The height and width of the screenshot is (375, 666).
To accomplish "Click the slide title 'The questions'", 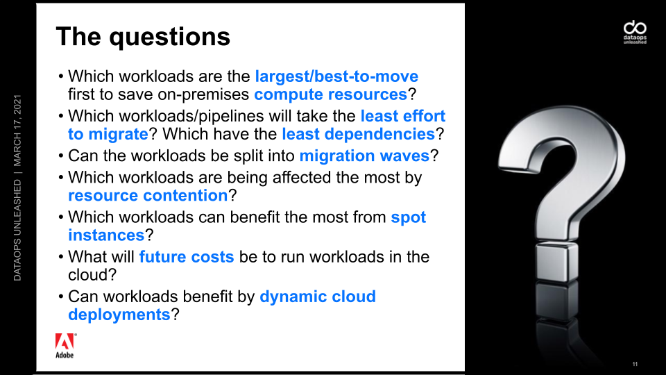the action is tap(143, 37).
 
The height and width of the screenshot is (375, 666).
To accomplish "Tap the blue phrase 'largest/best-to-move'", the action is tap(336, 76).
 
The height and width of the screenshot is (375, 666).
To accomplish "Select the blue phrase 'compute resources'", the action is tap(330, 95).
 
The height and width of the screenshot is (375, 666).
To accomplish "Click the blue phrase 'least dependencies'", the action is tap(359, 134).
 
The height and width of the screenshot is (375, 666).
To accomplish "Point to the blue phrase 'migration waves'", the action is tap(364, 156).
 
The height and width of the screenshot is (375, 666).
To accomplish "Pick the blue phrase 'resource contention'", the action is tap(148, 196).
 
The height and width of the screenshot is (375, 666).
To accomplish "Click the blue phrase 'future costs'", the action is tap(187, 257).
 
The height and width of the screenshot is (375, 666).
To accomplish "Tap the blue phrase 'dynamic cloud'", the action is tap(318, 297).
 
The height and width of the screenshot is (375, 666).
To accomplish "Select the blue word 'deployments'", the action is tap(119, 315).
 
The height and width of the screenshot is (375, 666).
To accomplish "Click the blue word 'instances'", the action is tap(107, 235).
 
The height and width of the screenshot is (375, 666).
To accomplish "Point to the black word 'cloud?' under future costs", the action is tap(92, 275).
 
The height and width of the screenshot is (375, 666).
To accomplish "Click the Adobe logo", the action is tap(65, 346).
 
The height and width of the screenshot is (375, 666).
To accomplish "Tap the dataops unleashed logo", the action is tap(635, 33).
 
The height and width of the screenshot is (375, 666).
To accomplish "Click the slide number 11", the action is tap(635, 364).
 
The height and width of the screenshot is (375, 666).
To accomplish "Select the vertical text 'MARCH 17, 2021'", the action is tap(17, 131).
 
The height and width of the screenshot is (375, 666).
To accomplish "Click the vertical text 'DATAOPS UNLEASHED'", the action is tap(17, 230).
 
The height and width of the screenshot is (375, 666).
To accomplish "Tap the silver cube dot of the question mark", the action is tap(557, 262).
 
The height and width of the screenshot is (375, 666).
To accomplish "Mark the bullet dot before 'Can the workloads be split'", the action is tap(61, 156).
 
